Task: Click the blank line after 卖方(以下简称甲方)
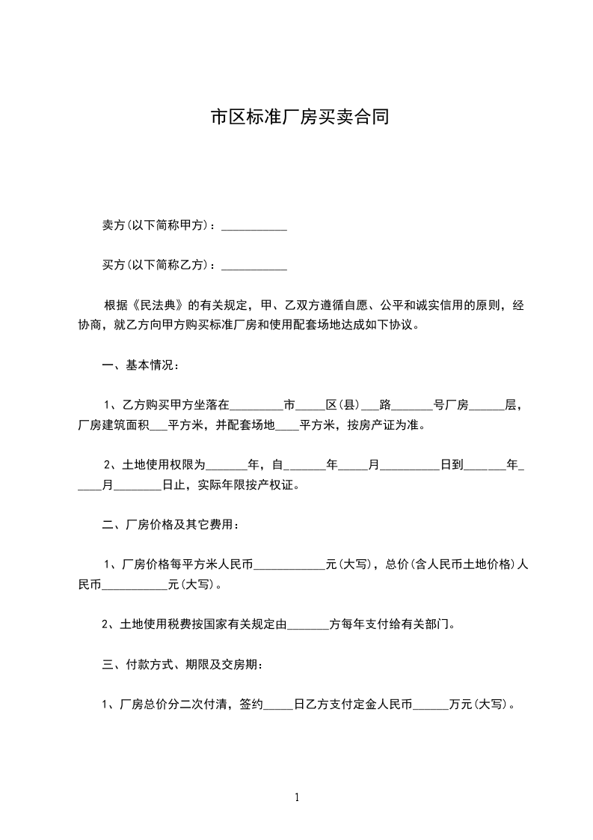(x=255, y=226)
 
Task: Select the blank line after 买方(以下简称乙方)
(x=255, y=265)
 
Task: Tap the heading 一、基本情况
(x=138, y=366)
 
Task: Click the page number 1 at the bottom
(x=297, y=797)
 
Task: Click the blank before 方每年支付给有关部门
(x=308, y=624)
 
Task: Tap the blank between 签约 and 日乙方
(x=280, y=705)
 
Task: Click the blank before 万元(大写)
(x=431, y=705)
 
